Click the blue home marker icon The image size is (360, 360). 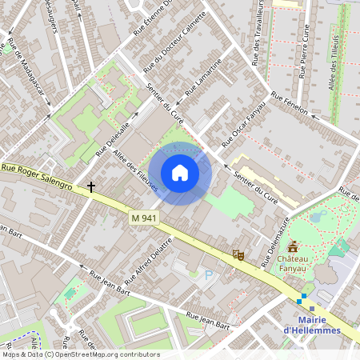click(180, 173)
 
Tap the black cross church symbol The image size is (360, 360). click(91, 187)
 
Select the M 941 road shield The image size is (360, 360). click(143, 218)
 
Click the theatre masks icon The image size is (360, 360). click(237, 254)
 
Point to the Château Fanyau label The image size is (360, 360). click(294, 264)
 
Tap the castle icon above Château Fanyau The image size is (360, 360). click(293, 246)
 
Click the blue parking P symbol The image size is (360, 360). click(210, 275)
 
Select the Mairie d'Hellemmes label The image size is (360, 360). click(312, 325)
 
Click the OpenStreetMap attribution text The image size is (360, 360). click(80, 354)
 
